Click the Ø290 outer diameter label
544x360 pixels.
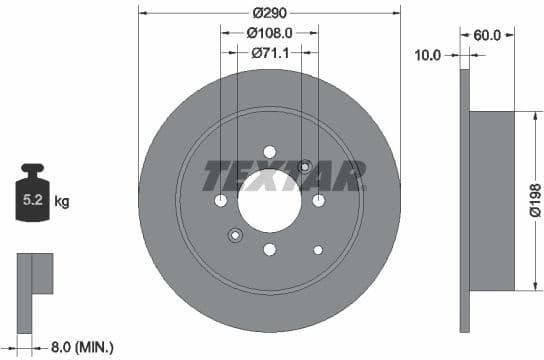coord(269,13)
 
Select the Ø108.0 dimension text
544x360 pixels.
coord(270,33)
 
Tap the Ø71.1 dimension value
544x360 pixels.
coord(269,53)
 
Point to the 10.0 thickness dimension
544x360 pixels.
coord(427,56)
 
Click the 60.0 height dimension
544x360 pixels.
coord(487,35)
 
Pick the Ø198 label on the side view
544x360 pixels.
coord(534,201)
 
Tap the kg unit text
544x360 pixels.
coord(62,202)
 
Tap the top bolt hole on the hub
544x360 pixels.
coord(269,152)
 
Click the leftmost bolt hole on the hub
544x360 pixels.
coord(221,201)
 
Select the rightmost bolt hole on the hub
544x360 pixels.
coord(318,201)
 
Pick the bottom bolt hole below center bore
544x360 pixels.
coord(269,250)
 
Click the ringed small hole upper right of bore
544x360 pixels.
coord(304,166)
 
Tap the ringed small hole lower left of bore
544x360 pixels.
coord(235,236)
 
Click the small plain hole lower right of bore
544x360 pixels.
coord(318,249)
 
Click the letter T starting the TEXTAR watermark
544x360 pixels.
coord(217,176)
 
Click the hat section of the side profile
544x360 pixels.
coord(491,200)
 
